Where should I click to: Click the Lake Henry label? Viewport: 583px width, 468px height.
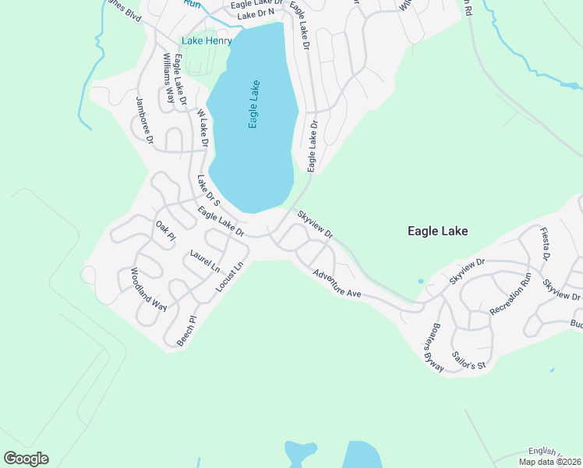[x=207, y=41]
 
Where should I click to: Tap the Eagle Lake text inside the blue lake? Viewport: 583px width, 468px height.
[x=253, y=105]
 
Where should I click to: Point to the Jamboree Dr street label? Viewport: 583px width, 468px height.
[x=145, y=119]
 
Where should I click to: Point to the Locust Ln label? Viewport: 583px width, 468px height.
[x=230, y=277]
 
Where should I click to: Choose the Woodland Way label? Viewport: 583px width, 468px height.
[x=148, y=289]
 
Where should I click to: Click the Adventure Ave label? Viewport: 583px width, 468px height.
[x=337, y=283]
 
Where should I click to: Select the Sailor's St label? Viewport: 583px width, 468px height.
[x=469, y=360]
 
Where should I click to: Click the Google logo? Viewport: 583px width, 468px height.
[x=26, y=459]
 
